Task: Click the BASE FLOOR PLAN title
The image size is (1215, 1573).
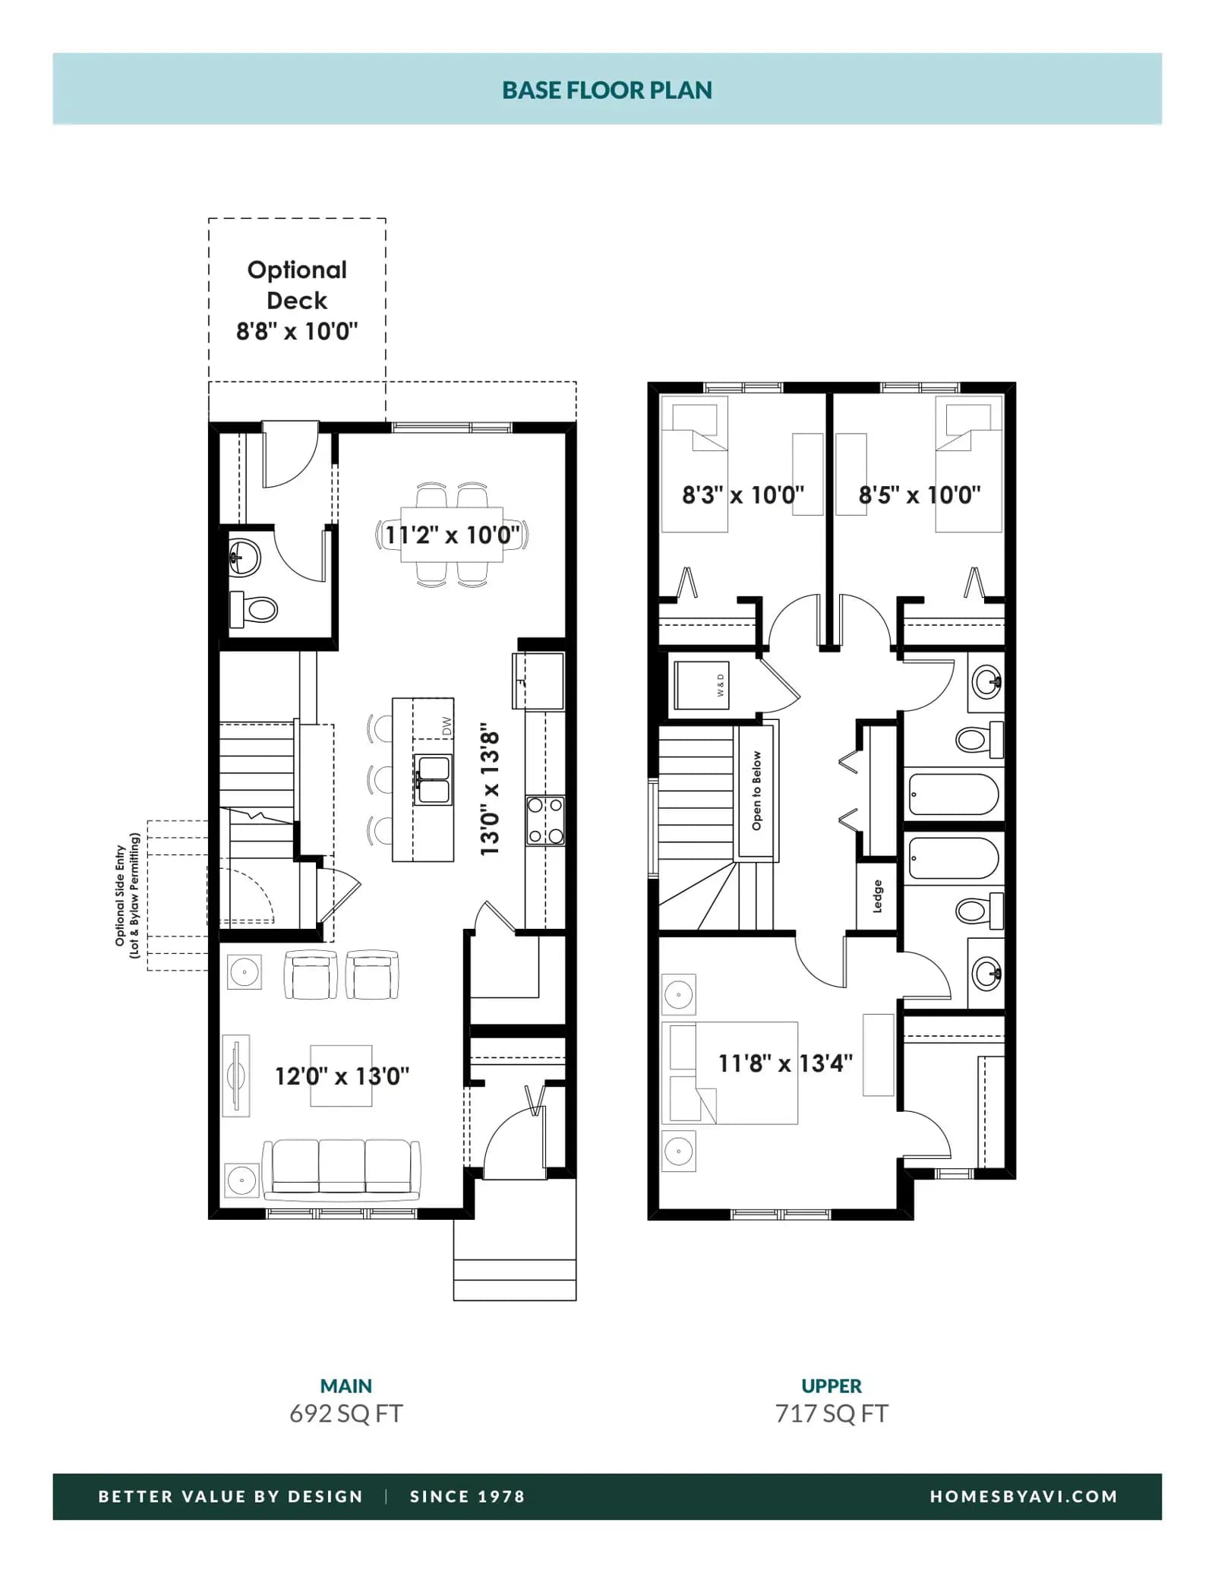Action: [x=607, y=90]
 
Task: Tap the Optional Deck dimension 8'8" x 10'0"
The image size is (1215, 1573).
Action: [x=297, y=331]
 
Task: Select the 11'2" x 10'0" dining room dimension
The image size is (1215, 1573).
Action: [x=453, y=535]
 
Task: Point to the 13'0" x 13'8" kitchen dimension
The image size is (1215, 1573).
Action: [x=490, y=789]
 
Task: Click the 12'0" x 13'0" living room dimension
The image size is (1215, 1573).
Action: [x=342, y=1076]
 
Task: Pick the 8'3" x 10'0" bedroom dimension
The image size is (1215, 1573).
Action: [x=743, y=495]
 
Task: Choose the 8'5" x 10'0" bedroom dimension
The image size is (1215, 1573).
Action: [x=920, y=495]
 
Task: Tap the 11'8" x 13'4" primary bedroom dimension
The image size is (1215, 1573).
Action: [x=785, y=1063]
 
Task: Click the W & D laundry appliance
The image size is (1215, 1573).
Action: [x=702, y=685]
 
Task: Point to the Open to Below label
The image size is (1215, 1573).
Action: [x=756, y=791]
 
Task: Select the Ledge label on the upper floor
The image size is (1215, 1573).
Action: [x=878, y=896]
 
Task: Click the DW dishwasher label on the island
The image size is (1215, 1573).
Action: [x=447, y=727]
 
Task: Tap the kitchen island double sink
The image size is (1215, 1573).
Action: [x=433, y=780]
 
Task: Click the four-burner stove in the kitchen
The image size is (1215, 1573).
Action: [x=545, y=820]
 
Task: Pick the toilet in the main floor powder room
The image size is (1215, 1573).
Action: [x=254, y=609]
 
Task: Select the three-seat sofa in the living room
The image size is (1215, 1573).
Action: [x=342, y=1170]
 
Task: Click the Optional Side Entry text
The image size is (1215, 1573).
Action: [x=120, y=895]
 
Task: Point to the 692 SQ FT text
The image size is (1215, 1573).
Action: [x=346, y=1413]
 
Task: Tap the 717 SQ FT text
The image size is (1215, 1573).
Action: [x=832, y=1413]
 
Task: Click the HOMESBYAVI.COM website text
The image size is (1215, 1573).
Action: [x=1024, y=1496]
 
